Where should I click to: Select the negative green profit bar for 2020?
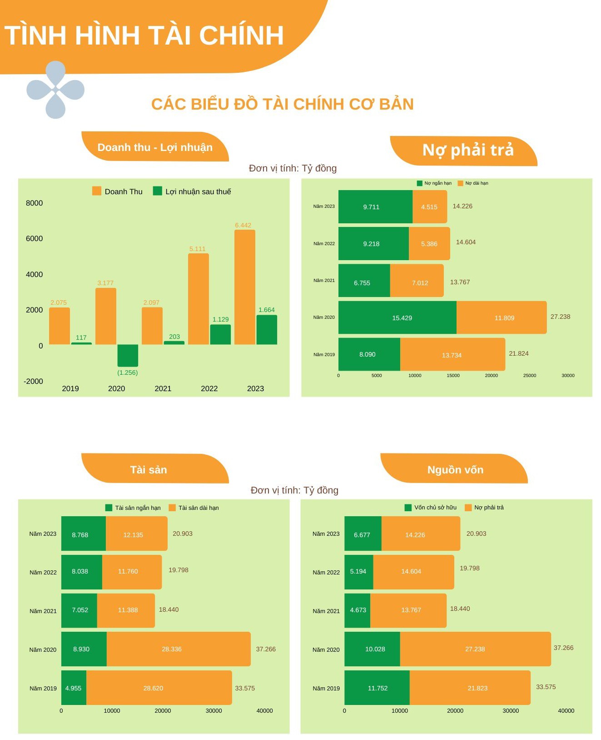pos(128,355)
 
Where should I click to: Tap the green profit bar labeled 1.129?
pos(220,334)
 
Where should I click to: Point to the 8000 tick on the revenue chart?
pos(34,203)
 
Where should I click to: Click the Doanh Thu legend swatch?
pos(97,191)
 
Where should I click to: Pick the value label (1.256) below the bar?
pos(127,373)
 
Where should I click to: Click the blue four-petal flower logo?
pos(55,90)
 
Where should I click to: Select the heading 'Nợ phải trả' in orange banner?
pos(467,150)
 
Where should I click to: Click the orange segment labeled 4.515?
pos(429,207)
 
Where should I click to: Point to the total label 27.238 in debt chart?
pos(560,317)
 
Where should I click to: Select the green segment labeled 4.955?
pos(74,688)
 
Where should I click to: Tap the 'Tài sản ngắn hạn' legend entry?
pos(133,508)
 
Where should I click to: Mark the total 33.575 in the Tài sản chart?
pos(245,688)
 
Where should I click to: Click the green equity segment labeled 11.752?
pos(377,688)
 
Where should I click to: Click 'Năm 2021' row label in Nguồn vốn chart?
pos(326,611)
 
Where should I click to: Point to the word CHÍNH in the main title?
pos(241,35)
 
